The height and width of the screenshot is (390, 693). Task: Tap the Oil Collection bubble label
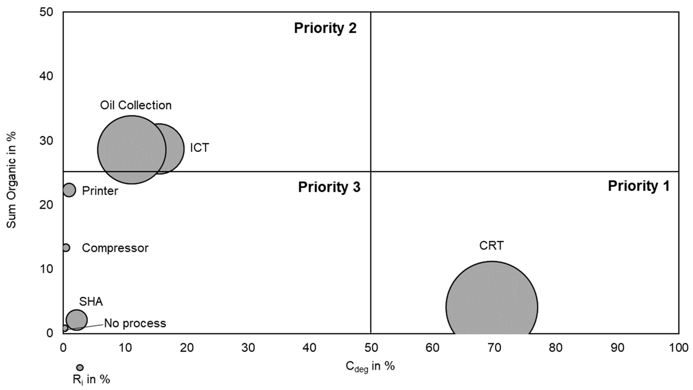[x=136, y=105]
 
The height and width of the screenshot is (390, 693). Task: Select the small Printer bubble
[x=69, y=190]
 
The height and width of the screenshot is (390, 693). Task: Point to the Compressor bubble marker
[x=66, y=248]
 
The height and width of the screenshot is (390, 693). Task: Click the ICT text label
[x=199, y=148]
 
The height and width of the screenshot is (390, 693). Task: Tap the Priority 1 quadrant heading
[x=638, y=186]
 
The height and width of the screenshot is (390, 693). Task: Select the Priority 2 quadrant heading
[x=325, y=28]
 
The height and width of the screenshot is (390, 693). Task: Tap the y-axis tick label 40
[x=46, y=76]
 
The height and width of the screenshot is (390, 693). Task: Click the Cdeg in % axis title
[x=370, y=366]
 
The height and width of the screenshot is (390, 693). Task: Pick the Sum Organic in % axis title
[x=11, y=180]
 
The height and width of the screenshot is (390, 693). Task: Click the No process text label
[x=135, y=323]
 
